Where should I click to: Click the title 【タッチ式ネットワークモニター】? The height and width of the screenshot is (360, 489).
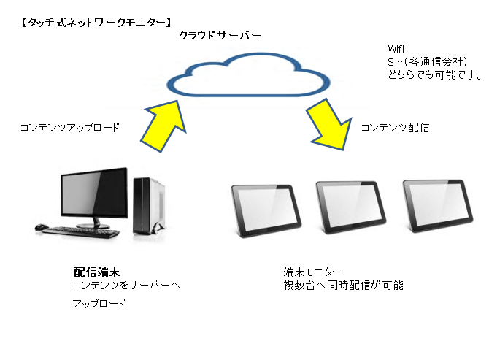pos(96,23)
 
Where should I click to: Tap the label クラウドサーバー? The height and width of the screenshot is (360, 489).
pos(220,35)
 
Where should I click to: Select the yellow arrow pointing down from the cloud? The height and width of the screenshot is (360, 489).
pos(330,126)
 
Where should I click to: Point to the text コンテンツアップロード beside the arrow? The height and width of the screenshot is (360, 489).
pos(70,128)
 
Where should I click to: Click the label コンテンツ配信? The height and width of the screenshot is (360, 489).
pos(395,128)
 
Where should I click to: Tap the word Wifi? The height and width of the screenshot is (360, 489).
pos(396,49)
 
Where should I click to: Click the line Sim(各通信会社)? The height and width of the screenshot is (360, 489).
pos(427,62)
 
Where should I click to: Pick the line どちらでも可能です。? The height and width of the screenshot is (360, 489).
pos(435,75)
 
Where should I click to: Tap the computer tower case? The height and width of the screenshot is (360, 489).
pos(149,206)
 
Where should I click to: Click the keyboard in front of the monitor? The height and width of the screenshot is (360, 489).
pos(80,232)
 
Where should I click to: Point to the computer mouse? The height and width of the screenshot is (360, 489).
pos(41,227)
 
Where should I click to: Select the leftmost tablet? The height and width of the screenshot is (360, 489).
pos(266,210)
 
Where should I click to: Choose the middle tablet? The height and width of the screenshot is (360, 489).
pos(351,207)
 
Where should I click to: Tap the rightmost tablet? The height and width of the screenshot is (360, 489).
pos(438,205)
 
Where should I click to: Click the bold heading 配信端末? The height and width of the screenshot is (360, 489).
pos(96,272)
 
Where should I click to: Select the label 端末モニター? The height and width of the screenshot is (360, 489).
pos(312,272)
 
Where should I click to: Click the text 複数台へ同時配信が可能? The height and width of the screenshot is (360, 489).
pos(343,285)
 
